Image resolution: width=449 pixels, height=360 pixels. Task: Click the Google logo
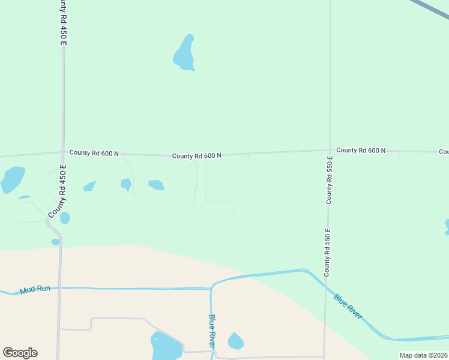[20, 353]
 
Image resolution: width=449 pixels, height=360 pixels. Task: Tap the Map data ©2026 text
[424, 355]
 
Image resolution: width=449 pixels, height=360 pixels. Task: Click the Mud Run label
[35, 290]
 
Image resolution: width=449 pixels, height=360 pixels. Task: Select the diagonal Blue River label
[348, 306]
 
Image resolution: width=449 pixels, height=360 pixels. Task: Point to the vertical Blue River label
[212, 331]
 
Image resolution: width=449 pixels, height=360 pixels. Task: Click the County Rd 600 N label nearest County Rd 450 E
[94, 152]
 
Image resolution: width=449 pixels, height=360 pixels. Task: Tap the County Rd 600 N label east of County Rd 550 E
[361, 150]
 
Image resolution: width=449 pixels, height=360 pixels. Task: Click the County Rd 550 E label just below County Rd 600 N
[329, 182]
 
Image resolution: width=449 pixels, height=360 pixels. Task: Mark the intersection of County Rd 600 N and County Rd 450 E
[62, 152]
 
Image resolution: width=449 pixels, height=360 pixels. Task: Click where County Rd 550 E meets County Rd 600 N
[330, 150]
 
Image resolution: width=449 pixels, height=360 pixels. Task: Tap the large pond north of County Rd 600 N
[185, 54]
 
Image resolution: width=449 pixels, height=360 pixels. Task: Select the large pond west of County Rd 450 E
[12, 179]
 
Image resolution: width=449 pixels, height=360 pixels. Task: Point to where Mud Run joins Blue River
[211, 289]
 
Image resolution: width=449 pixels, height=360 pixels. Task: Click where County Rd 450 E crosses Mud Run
[59, 288]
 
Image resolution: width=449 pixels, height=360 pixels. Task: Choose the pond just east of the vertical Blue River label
[236, 341]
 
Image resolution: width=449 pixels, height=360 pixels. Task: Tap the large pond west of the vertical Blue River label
[166, 347]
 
